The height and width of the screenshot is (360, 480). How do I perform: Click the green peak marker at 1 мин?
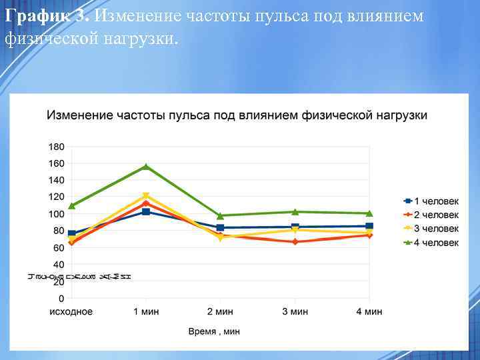tap(146, 167)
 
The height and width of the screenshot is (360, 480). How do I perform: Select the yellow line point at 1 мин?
tap(146, 196)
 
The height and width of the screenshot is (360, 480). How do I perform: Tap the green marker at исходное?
tap(72, 205)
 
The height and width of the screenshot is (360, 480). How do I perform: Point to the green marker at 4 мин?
tap(369, 213)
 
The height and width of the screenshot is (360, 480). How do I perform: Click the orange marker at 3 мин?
tap(295, 241)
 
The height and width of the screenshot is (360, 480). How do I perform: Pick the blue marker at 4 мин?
tap(369, 226)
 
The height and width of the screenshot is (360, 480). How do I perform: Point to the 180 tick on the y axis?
tap(56, 146)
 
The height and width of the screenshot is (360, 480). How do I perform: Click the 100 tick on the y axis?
tap(56, 214)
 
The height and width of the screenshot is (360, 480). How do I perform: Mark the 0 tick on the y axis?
tap(61, 298)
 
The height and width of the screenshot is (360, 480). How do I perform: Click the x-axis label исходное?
tap(71, 311)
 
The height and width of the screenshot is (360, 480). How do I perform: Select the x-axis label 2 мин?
tap(220, 311)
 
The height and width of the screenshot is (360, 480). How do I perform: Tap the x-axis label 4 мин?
tap(369, 311)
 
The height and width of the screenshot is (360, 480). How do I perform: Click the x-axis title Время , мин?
tap(214, 331)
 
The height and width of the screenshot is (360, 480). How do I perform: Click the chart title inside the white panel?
tap(237, 115)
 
